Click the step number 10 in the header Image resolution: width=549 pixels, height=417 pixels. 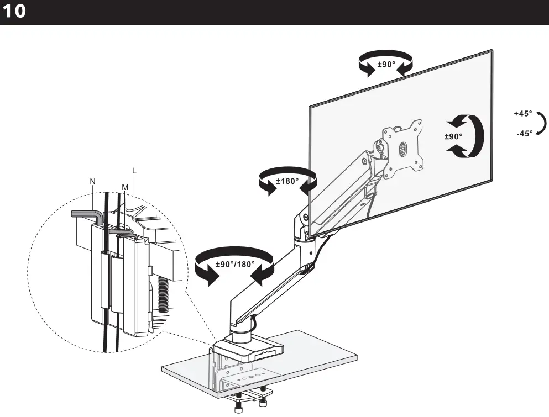coord(14,12)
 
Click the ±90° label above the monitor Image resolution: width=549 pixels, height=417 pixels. coord(386,65)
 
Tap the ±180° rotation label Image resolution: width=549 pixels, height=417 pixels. coord(287,181)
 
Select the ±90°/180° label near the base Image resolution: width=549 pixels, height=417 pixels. coord(235,263)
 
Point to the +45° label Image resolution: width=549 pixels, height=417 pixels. coord(522,113)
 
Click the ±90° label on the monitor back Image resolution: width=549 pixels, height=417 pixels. coord(453,136)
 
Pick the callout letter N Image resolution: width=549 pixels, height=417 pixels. coord(92,181)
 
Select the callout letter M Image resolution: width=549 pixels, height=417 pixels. coord(124,188)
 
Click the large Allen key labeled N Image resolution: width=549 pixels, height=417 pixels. coord(86,214)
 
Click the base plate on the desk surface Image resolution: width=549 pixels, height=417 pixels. coord(249,347)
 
